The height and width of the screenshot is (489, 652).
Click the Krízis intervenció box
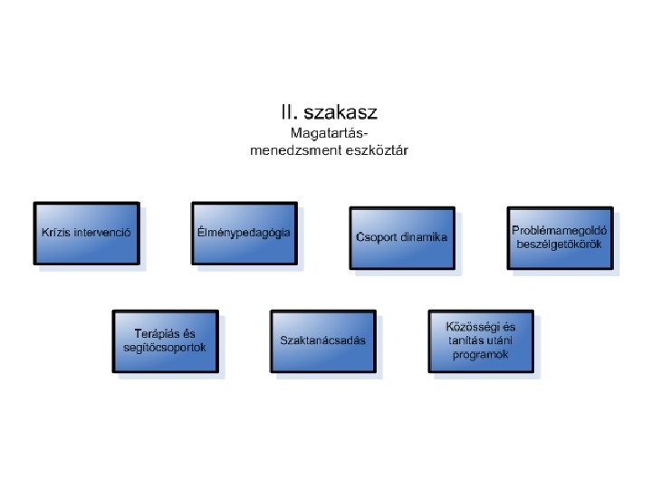(87, 233)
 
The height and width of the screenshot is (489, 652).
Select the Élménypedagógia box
(244, 233)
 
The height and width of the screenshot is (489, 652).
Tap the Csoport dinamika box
(401, 237)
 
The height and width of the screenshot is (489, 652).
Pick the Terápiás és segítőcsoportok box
(165, 340)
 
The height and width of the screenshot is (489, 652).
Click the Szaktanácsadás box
(322, 340)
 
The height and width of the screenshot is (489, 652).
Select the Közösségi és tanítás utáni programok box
(481, 340)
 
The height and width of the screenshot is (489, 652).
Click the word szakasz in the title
(341, 114)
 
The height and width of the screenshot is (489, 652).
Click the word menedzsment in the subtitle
(288, 150)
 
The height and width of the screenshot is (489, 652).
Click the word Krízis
(56, 233)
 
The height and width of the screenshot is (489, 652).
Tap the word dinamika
(422, 238)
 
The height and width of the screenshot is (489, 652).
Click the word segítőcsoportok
(165, 348)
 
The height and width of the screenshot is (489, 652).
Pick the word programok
(481, 355)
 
